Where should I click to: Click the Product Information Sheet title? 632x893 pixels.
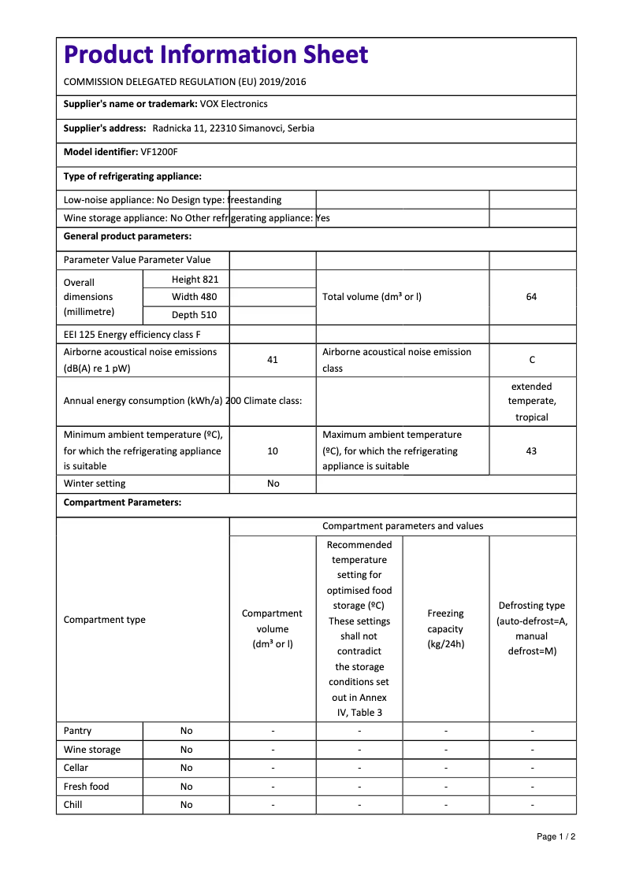coord(215,54)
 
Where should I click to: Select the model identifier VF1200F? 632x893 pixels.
coord(159,152)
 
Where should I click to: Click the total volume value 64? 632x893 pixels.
coord(531,297)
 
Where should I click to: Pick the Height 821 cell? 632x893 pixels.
coord(195,280)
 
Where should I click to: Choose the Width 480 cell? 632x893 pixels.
coord(195,297)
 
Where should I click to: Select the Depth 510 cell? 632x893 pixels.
coord(195,315)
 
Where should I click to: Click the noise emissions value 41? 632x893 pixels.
coord(273,360)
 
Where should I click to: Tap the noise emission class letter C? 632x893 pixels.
coord(532,360)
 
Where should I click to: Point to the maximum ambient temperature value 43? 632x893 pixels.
coord(531,451)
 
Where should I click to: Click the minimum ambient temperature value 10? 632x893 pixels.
coord(273,451)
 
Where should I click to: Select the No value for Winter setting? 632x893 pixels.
coord(273,484)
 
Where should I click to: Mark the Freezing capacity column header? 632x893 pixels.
coord(445,628)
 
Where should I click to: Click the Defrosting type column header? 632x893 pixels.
coord(532,628)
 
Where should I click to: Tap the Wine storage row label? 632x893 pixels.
coord(92,750)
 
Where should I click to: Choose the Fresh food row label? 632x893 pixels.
coord(87,787)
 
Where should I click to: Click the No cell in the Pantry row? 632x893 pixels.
coord(186,731)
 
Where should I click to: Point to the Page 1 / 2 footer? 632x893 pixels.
coord(556,836)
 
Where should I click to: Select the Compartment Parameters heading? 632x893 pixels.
coord(122,502)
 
